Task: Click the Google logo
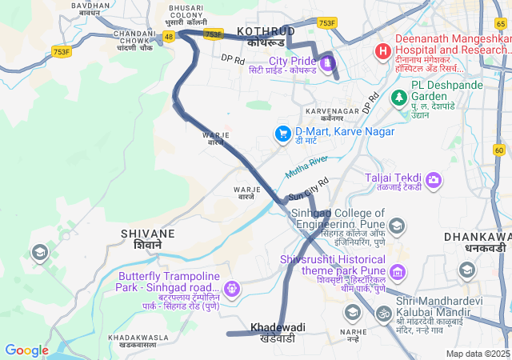pos(27,350)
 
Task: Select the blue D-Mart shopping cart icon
pos(282,134)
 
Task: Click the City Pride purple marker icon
pos(328,62)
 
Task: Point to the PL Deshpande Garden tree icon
pos(398,97)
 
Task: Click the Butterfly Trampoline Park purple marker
pos(233,287)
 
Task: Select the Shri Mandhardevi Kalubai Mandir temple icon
pos(384,312)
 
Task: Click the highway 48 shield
pos(169,37)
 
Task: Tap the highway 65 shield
pos(501,24)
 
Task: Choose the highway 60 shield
pos(499,150)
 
